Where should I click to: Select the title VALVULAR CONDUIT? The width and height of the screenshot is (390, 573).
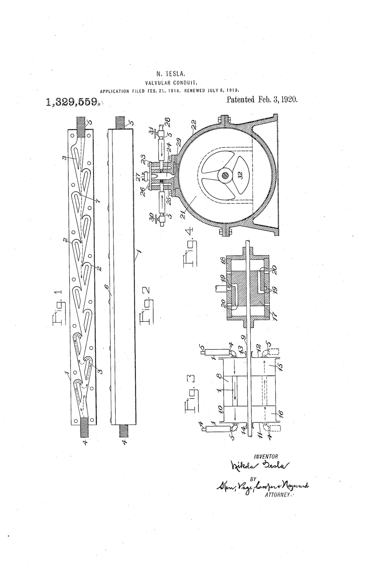(170, 82)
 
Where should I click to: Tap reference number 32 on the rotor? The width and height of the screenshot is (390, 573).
(240, 178)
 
